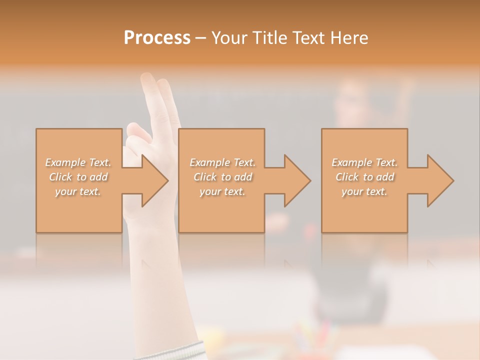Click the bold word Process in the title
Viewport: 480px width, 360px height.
click(x=157, y=38)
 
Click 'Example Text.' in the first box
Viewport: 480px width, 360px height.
click(x=78, y=162)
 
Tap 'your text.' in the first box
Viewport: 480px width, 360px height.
click(x=78, y=191)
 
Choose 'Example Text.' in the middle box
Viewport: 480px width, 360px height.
click(x=222, y=162)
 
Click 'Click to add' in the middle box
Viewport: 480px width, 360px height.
click(x=222, y=177)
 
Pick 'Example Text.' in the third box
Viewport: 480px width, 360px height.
click(x=364, y=162)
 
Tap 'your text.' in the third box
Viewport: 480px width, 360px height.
click(x=364, y=191)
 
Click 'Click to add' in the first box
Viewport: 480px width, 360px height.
click(x=78, y=177)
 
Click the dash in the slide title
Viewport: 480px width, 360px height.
click(x=201, y=38)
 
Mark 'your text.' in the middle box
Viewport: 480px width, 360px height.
click(x=222, y=191)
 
